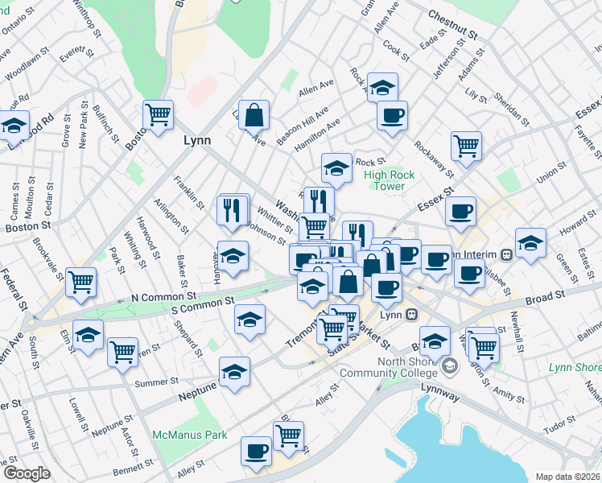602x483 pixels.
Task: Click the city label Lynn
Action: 197,140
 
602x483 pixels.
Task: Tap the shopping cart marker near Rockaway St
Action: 466,146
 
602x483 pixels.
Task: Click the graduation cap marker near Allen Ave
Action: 383,86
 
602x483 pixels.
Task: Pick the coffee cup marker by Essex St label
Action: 461,212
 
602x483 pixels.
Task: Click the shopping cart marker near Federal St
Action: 81,282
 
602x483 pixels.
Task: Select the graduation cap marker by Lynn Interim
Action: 531,242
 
